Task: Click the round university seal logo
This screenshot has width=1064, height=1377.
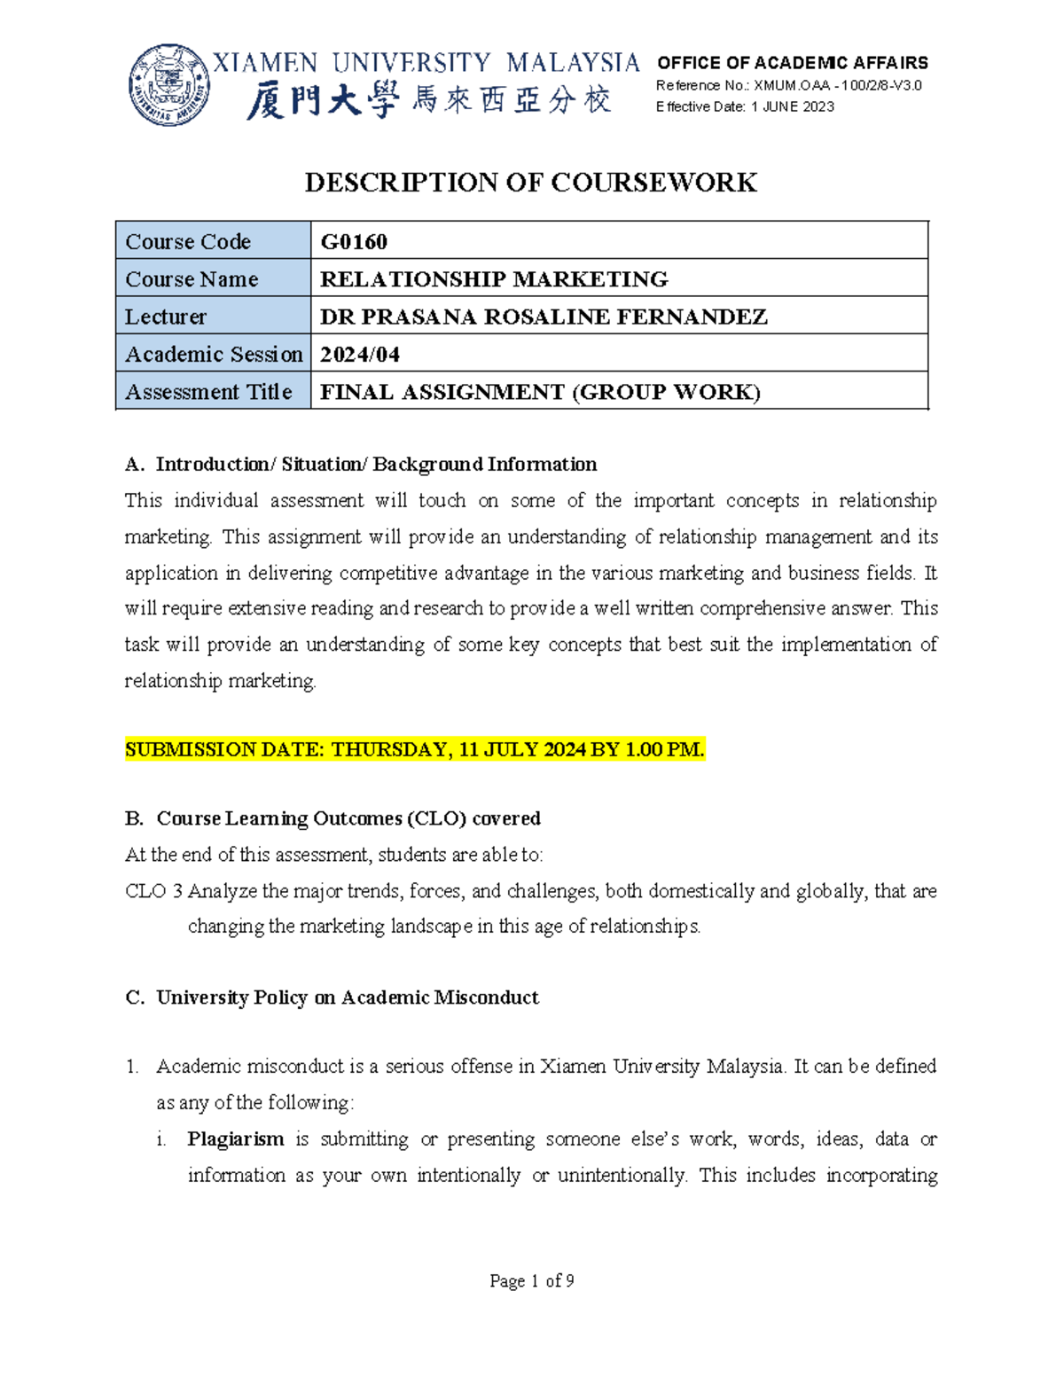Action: (169, 85)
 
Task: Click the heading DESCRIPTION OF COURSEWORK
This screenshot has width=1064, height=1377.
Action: (530, 183)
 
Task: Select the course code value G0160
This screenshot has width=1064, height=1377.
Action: (354, 241)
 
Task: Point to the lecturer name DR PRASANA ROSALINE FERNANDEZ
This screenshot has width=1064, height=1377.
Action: (543, 317)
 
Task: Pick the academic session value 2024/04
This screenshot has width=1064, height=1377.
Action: (359, 355)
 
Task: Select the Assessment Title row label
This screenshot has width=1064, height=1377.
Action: (208, 392)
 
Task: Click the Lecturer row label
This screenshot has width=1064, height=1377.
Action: (166, 317)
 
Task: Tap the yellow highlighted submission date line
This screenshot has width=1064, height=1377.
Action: (414, 750)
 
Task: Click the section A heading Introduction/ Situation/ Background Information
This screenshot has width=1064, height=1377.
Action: (375, 465)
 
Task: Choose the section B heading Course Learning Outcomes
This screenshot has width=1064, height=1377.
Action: (348, 818)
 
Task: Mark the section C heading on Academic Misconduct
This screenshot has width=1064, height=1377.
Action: (347, 998)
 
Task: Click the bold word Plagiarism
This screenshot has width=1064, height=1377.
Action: (235, 1139)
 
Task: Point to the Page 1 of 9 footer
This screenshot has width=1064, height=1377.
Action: (531, 1281)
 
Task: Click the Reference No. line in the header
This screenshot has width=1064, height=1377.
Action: (788, 86)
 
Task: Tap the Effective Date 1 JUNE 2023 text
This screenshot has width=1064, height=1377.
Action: (745, 107)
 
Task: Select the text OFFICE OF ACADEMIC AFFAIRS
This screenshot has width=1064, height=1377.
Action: (792, 63)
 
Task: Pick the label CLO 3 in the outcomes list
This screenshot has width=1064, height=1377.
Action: (153, 891)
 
